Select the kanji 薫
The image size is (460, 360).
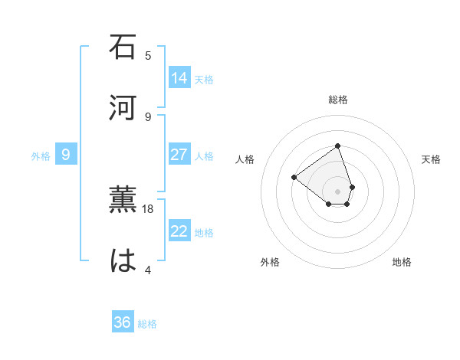pos(123,199)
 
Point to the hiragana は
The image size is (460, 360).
pos(123,260)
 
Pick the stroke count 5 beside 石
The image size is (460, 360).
pos(148,55)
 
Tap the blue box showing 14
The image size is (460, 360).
pos(179,78)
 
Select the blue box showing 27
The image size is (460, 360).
pos(179,155)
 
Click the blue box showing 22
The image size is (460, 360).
pos(179,231)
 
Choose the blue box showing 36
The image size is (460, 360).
pos(123,322)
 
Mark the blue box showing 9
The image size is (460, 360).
pos(66,155)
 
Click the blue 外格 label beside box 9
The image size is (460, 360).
pos(41,156)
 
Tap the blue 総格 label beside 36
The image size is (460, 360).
pos(147,324)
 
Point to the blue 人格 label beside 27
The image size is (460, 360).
pos(204,156)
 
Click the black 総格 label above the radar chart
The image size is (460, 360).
pos(338,100)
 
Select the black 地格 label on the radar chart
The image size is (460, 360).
pos(402,262)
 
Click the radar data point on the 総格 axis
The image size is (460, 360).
pos(338,146)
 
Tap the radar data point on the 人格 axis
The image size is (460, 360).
pos(294,177)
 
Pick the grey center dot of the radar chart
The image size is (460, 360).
pos(338,191)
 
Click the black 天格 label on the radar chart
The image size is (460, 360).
pos(431,159)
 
